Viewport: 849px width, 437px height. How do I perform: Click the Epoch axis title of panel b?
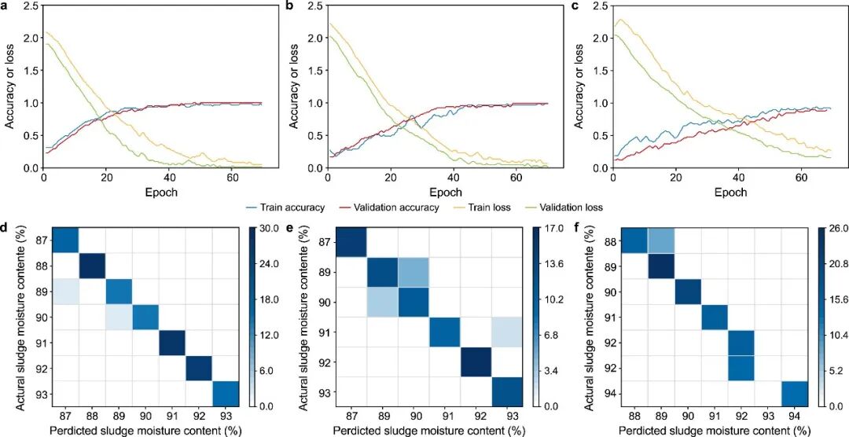(x=447, y=193)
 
